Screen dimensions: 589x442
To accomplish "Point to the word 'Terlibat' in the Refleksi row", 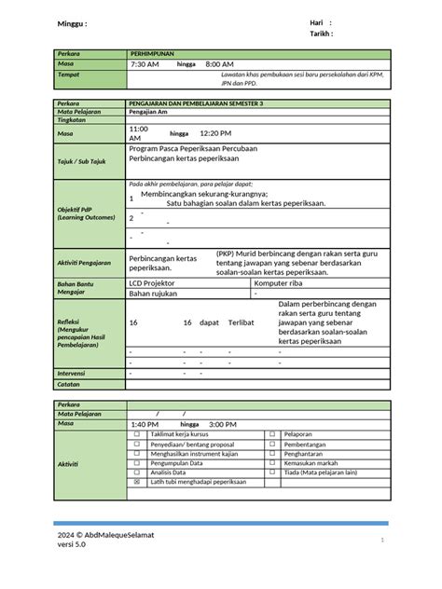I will tap(242, 322).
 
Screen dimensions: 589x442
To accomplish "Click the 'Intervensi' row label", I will tap(73, 373).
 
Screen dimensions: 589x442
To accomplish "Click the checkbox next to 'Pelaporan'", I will tap(272, 433).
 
